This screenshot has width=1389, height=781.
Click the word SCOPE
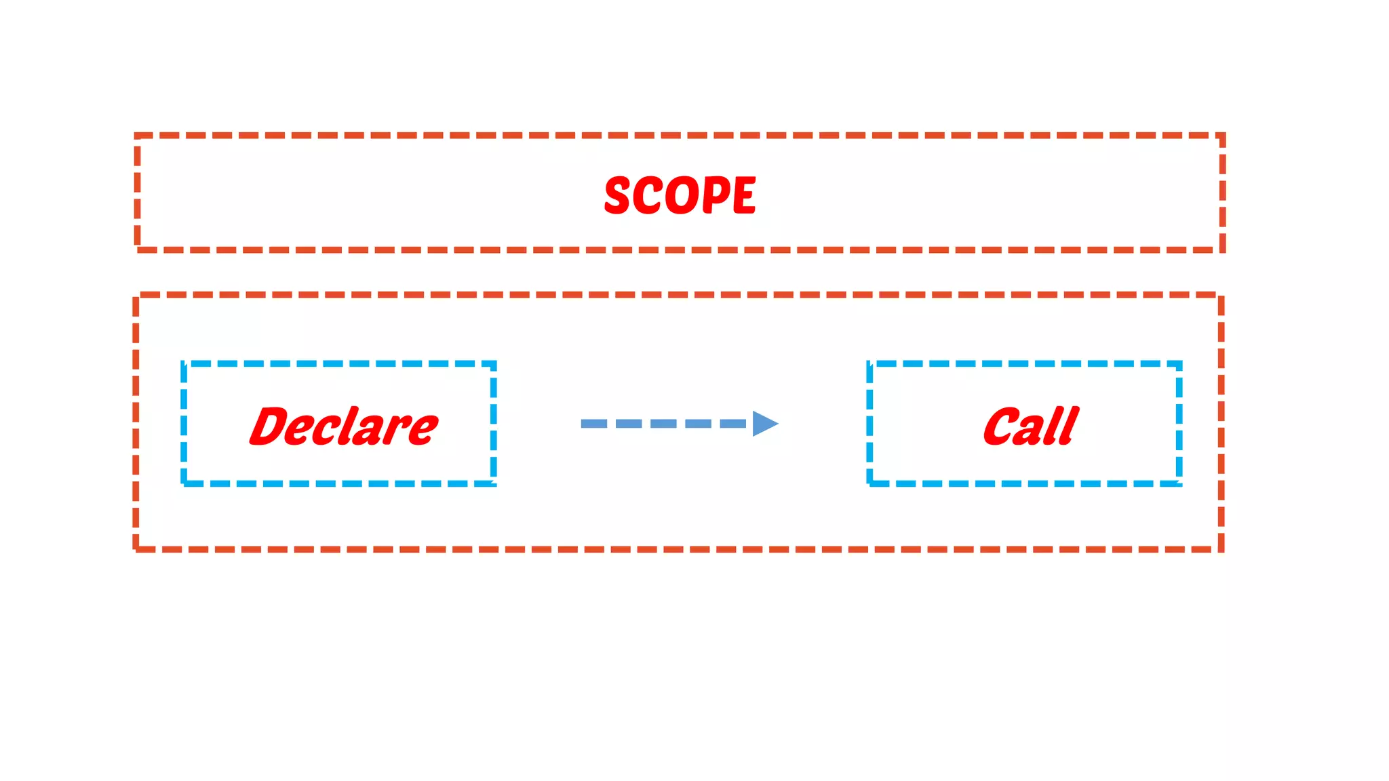pos(680,195)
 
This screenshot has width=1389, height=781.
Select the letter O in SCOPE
pos(681,195)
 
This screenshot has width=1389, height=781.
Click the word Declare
pos(344,426)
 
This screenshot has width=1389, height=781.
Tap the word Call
pos(1031,426)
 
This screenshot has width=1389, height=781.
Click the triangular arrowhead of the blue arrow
pos(764,424)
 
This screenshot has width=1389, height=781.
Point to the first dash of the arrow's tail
pos(593,424)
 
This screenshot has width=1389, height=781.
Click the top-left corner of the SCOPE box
pos(138,136)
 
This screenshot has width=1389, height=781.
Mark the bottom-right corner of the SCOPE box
pos(1222,249)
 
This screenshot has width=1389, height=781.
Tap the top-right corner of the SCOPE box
pos(1222,136)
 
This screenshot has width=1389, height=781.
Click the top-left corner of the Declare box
pos(184,364)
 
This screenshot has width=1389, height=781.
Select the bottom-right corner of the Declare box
pos(494,483)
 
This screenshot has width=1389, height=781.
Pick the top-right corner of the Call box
pos(1179,364)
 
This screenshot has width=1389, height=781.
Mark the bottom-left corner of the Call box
pos(869,483)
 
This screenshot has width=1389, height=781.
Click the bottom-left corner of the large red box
pos(136,549)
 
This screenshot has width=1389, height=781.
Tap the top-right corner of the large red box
pos(1221,295)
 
